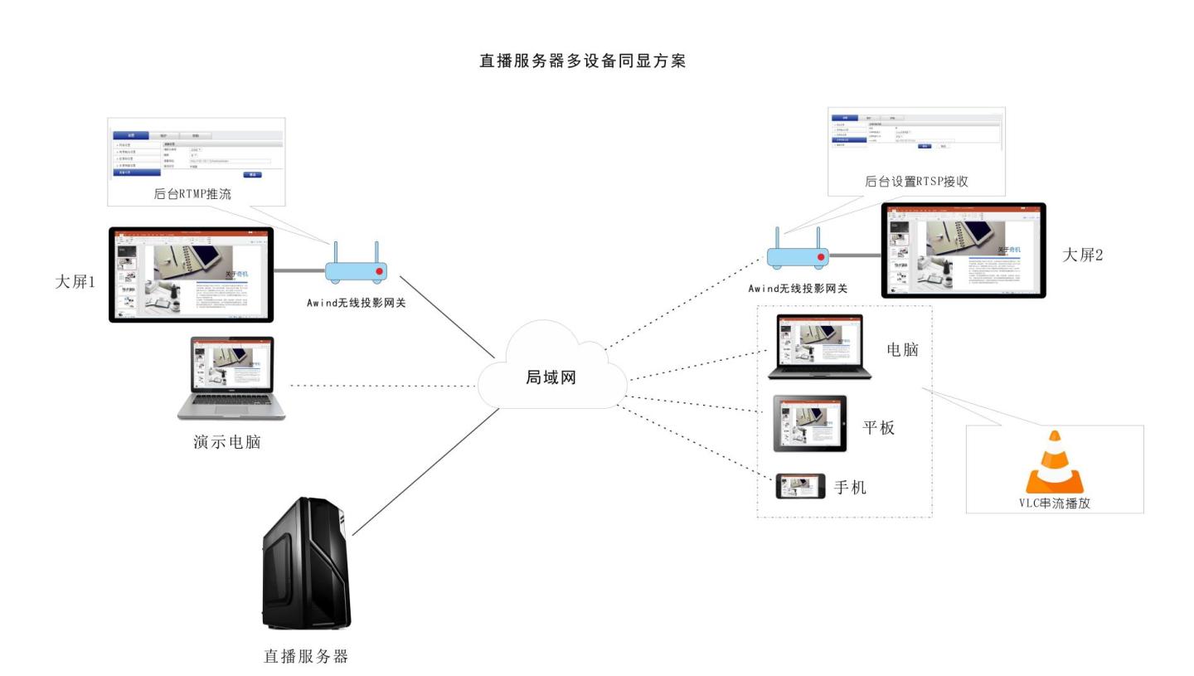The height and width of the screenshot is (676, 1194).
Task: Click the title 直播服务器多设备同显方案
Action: [x=582, y=61]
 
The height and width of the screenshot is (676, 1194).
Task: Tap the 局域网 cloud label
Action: [x=551, y=377]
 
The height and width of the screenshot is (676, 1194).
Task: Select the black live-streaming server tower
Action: [x=306, y=564]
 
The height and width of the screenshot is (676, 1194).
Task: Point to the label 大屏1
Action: [x=75, y=282]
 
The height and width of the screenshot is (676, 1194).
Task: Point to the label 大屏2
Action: [x=1083, y=255]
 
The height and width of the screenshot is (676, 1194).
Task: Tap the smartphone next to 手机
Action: [x=800, y=486]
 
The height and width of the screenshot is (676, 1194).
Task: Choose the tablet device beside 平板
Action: [x=810, y=424]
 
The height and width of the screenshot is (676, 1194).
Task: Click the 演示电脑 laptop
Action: [x=231, y=377]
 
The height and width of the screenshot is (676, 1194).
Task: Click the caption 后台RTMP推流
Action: [x=192, y=194]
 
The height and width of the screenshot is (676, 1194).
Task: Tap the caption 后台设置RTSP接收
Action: [x=916, y=181]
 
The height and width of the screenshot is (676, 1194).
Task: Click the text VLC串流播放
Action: [x=1054, y=503]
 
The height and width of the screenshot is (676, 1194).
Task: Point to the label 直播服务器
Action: [x=305, y=656]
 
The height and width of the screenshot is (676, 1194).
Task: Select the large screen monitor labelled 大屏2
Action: [x=963, y=250]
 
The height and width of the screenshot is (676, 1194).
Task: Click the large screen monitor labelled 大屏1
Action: [x=191, y=275]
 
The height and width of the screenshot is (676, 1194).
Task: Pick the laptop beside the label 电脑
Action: [x=819, y=348]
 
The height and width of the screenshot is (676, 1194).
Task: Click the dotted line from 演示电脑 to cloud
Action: [x=381, y=386]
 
